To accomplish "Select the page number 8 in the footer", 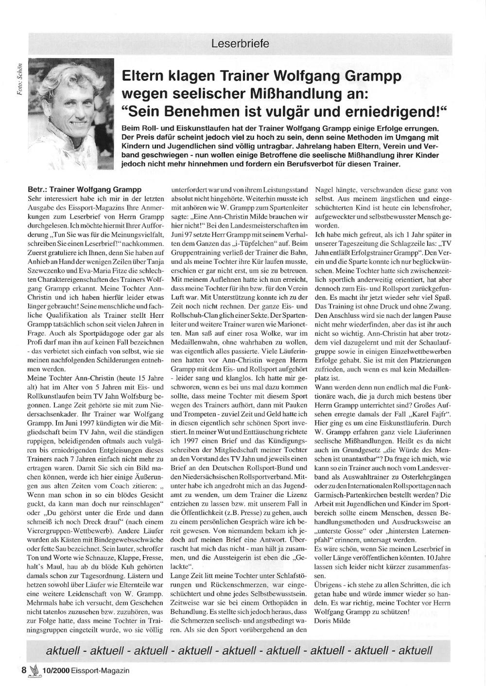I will pos(23,670).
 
